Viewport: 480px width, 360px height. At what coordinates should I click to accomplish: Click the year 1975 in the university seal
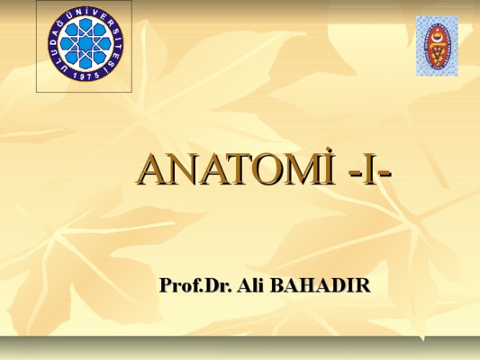click(86, 75)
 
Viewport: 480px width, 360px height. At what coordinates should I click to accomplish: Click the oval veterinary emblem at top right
click(437, 46)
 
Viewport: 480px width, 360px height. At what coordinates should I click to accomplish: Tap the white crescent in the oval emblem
click(437, 37)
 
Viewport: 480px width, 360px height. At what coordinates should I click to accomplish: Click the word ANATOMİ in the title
click(236, 170)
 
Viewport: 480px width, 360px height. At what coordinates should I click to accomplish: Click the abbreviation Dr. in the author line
click(218, 284)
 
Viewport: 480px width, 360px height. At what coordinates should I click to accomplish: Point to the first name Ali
click(250, 284)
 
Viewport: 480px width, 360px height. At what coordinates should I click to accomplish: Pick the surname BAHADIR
click(321, 284)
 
